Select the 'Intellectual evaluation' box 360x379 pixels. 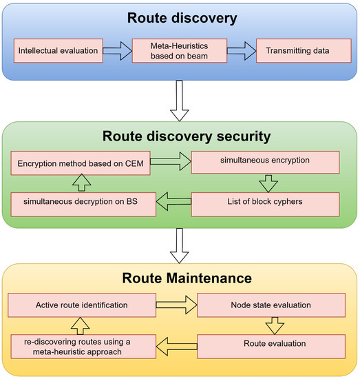58,51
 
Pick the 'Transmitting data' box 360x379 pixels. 297,51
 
